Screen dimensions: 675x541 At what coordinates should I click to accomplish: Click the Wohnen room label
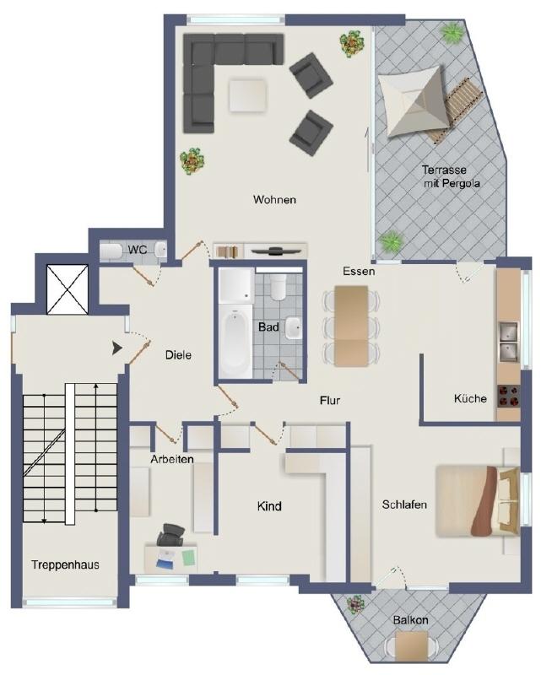tap(274, 200)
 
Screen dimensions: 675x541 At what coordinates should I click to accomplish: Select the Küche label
tap(470, 399)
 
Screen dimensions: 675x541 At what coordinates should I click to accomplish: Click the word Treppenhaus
tap(66, 564)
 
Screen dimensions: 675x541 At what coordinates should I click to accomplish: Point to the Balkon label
tap(410, 620)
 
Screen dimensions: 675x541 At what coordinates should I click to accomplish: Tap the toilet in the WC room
tap(111, 251)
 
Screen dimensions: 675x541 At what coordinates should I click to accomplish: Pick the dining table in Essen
tap(351, 325)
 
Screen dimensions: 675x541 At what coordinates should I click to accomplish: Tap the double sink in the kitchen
tap(507, 337)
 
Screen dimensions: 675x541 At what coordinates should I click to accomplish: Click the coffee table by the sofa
tap(246, 94)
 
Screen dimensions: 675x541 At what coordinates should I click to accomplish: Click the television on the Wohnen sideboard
tap(277, 250)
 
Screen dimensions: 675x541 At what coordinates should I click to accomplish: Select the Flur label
tap(329, 400)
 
